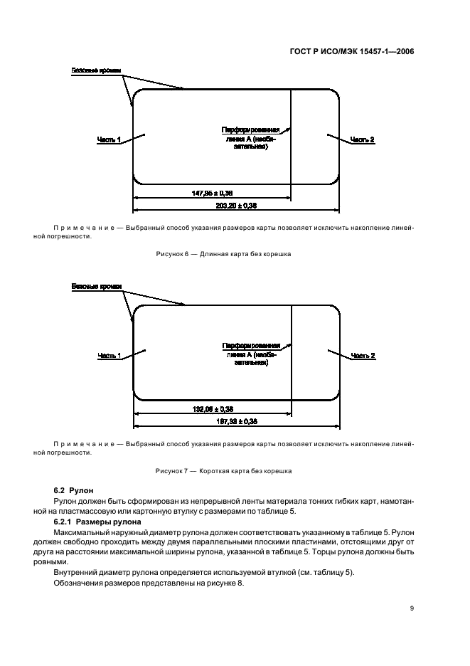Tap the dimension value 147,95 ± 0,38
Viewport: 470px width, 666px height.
coord(213,193)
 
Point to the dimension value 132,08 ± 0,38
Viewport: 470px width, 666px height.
coord(213,409)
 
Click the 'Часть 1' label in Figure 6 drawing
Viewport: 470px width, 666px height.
coord(109,139)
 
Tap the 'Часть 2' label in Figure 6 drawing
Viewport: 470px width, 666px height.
coord(363,139)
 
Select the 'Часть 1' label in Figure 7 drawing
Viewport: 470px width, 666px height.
coord(109,355)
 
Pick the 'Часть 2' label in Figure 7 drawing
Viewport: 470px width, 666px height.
coord(363,355)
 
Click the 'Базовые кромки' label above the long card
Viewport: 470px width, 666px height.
coord(96,71)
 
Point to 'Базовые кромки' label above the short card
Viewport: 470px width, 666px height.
coord(96,287)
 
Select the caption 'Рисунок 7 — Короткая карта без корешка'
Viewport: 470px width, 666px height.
coord(224,471)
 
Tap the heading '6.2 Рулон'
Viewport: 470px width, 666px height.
coord(73,492)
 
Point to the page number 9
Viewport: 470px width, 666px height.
coord(412,608)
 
